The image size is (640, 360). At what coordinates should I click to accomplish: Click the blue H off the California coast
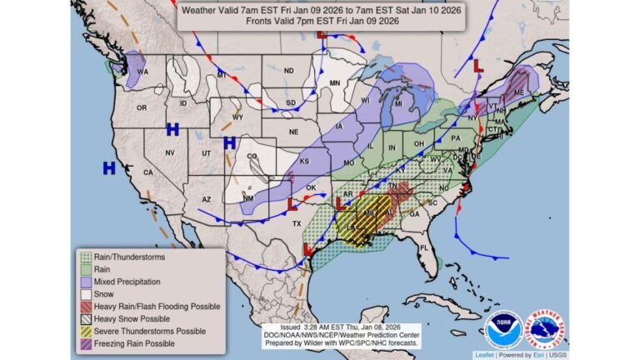pyautogui.click(x=108, y=168)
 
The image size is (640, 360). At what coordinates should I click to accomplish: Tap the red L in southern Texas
pyautogui.click(x=308, y=248)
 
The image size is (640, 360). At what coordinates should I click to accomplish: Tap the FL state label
pyautogui.click(x=424, y=247)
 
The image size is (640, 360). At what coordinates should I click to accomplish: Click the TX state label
pyautogui.click(x=296, y=223)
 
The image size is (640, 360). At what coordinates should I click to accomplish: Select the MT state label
pyautogui.click(x=222, y=75)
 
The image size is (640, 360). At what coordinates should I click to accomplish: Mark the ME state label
pyautogui.click(x=520, y=93)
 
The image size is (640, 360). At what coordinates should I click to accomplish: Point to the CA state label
pyautogui.click(x=147, y=172)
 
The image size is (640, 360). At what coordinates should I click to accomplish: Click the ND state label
pyautogui.click(x=288, y=71)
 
